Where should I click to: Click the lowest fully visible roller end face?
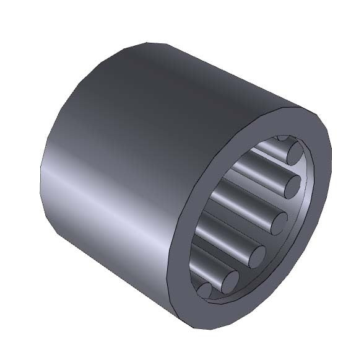point(230,281)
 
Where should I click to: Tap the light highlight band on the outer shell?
point(111,186)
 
